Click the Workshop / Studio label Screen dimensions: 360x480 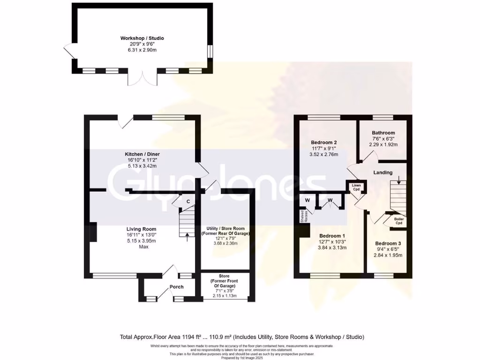point(142,38)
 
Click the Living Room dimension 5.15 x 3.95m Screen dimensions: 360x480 point(141,241)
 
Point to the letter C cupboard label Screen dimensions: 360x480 point(188,202)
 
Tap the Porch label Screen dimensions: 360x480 point(176,287)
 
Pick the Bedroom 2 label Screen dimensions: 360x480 point(324,142)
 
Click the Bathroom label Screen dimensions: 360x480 point(383,133)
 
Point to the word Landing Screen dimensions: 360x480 point(383,172)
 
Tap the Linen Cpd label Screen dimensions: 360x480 point(356,187)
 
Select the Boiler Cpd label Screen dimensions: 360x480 point(399,221)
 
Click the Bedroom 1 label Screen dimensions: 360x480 point(332,236)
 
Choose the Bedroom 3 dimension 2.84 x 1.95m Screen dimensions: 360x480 point(388,255)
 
